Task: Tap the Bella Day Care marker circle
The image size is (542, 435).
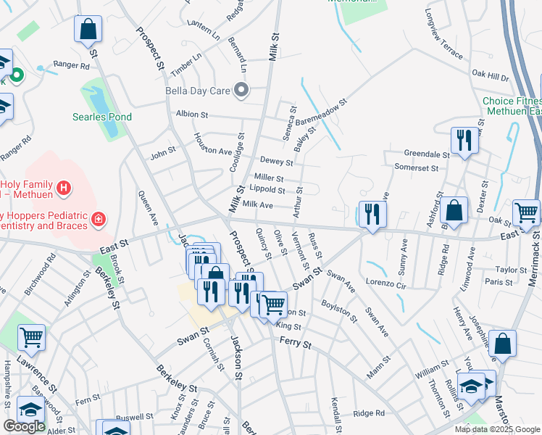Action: pos(243,91)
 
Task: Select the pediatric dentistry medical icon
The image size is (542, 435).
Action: pos(98,217)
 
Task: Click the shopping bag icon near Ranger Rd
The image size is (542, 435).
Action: pos(88,30)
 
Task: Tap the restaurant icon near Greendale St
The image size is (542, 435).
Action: pos(464,140)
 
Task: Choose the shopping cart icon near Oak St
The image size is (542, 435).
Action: pos(525,212)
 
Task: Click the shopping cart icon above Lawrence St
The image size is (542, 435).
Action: pos(31,336)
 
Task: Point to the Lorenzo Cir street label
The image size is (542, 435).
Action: pos(388,281)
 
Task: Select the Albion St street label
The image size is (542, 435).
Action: pos(192,115)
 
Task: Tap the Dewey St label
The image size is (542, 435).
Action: pos(277,162)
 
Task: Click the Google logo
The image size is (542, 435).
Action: pos(25,426)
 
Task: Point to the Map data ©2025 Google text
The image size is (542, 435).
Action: pos(496,428)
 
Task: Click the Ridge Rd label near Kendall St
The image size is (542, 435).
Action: pos(370,413)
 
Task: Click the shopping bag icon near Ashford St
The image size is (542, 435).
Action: pos(453,211)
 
